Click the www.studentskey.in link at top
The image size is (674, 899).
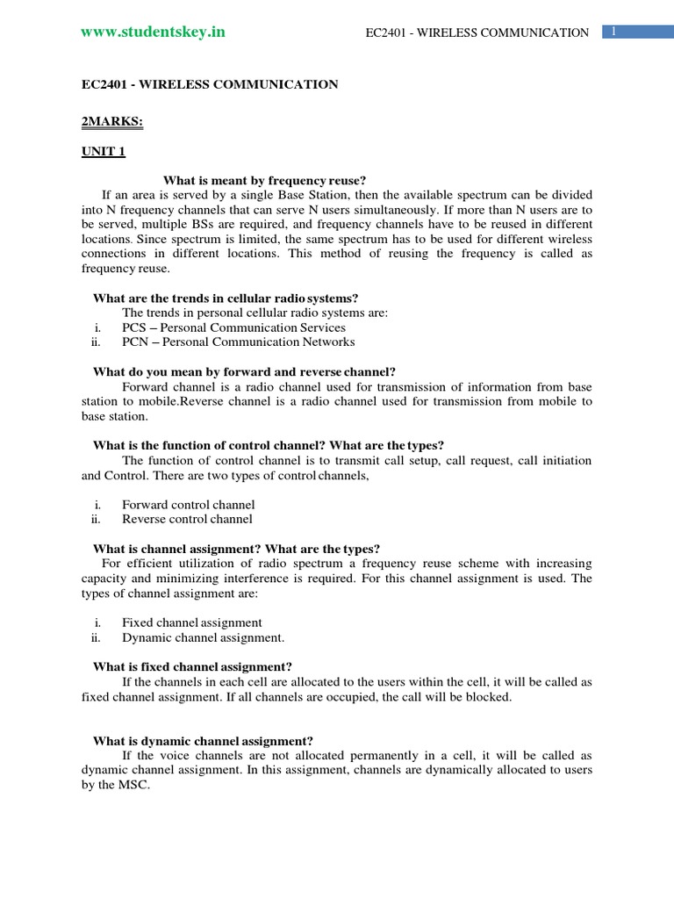[x=153, y=32]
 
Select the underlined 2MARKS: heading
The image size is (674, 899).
[x=112, y=122]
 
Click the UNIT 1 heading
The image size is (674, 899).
[x=104, y=152]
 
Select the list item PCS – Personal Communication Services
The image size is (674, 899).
[x=233, y=327]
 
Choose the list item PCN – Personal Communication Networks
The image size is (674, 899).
[x=238, y=342]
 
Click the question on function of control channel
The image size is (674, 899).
[x=275, y=445]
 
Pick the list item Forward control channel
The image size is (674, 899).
[x=189, y=505]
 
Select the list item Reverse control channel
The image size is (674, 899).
[x=188, y=519]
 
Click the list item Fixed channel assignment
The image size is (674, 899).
[x=192, y=622]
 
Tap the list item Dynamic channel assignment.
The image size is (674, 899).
[x=203, y=637]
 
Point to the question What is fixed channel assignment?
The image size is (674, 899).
[x=192, y=666]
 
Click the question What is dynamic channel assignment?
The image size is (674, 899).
[x=203, y=740]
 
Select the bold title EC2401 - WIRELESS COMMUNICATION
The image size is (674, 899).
[x=210, y=84]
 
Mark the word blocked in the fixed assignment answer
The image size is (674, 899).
[x=485, y=696]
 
